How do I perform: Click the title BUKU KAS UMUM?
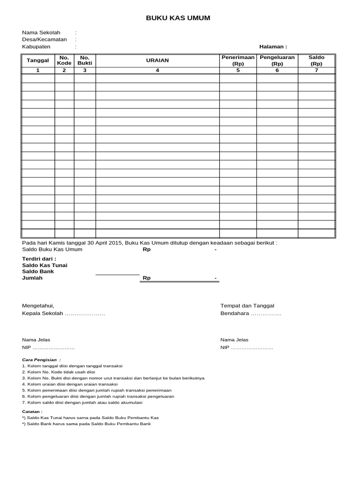coord(178,18)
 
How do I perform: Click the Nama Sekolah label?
coord(41,32)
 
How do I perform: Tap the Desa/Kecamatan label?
coord(45,39)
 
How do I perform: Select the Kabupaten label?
coord(36,47)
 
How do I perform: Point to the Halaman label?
coord(273,47)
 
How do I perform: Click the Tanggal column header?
coord(38,60)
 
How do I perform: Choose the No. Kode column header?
coord(64,60)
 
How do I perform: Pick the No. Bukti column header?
coord(85,60)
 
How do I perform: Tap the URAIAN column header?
coord(157,60)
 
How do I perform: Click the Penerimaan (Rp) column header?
coord(238,60)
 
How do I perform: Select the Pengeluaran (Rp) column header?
coord(277,60)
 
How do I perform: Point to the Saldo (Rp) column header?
coord(316,60)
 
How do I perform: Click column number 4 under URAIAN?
coord(157,70)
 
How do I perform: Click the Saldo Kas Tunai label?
coord(45,265)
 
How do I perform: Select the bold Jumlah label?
coord(32,278)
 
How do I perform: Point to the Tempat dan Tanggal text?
coord(247,306)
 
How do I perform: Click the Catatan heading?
coord(32,411)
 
